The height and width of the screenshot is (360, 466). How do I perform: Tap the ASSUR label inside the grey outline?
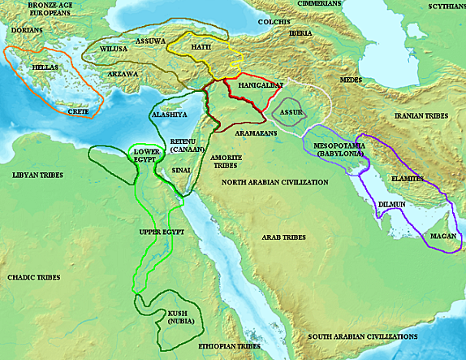click(290, 111)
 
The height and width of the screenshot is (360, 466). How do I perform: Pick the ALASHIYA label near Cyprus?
click(169, 115)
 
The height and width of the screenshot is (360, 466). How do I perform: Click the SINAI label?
click(182, 170)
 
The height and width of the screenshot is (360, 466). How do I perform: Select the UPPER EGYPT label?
click(163, 232)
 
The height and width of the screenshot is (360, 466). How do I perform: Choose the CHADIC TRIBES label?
click(34, 278)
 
